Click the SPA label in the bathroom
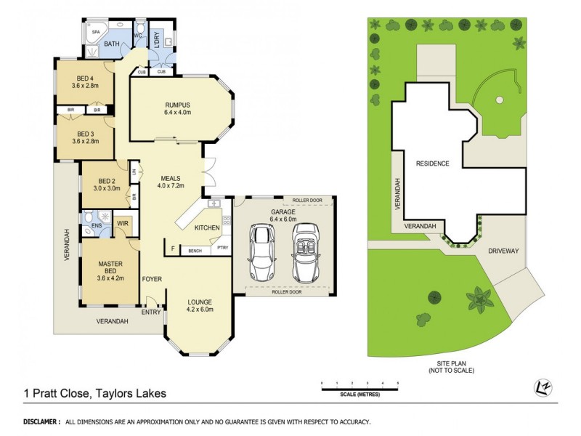click(94, 33)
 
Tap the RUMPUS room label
click(176, 104)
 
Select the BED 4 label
click(86, 78)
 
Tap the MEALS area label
click(171, 179)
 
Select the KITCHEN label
click(207, 229)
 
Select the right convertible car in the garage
click(305, 251)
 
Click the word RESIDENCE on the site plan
click(432, 163)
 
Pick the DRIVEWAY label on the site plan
click(503, 250)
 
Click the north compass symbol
click(541, 386)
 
